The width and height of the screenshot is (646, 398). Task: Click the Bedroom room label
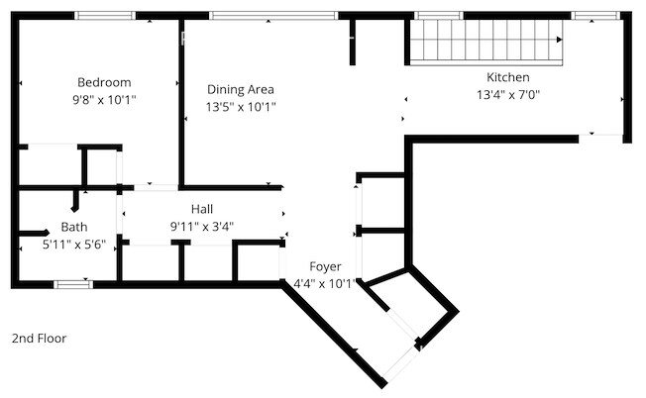(x=104, y=82)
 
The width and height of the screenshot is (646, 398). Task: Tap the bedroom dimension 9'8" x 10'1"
(x=104, y=100)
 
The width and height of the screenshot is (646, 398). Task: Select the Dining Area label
(x=241, y=90)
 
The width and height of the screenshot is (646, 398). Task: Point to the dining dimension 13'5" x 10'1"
(x=241, y=108)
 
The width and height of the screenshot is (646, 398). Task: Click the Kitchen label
(x=508, y=77)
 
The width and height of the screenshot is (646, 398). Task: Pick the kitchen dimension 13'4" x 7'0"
(x=508, y=95)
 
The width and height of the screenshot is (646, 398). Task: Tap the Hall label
(x=202, y=209)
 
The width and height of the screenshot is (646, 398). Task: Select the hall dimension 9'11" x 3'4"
(x=202, y=227)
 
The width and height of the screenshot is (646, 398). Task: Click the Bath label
(x=74, y=227)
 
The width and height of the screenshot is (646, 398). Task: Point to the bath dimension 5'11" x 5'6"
(x=74, y=245)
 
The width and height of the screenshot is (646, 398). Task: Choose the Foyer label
(x=325, y=266)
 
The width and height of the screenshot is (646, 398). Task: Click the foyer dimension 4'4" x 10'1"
(x=324, y=284)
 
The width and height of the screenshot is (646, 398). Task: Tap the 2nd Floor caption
(x=40, y=339)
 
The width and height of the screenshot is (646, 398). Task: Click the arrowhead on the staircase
(x=560, y=40)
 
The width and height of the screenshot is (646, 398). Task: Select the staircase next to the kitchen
(x=486, y=43)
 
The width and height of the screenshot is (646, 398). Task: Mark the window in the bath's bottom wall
(x=73, y=284)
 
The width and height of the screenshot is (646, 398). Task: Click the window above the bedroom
(x=105, y=16)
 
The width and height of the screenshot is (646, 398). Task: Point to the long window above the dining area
(x=273, y=16)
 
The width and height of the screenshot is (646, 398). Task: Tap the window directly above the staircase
(x=439, y=16)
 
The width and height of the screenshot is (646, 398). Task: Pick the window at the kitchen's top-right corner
(x=595, y=16)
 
